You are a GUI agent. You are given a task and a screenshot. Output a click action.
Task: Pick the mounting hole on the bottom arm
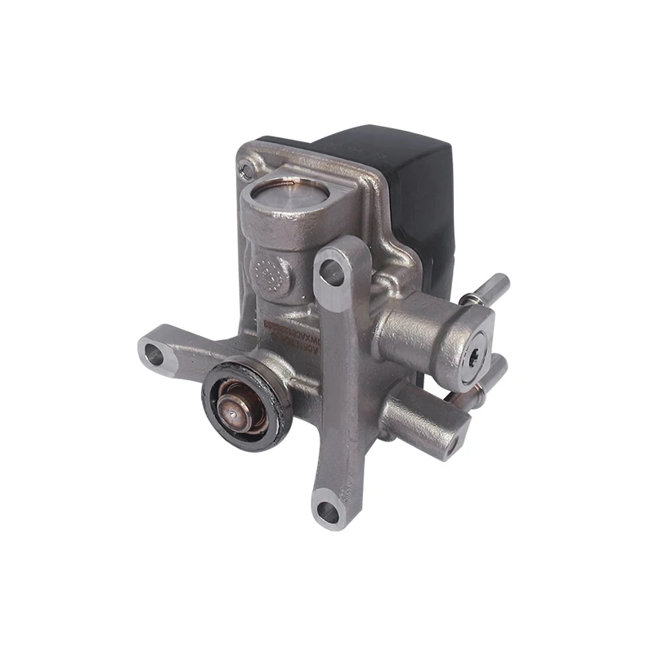click(328, 512)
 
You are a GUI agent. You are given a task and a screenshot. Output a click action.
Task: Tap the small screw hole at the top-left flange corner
click(246, 170)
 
